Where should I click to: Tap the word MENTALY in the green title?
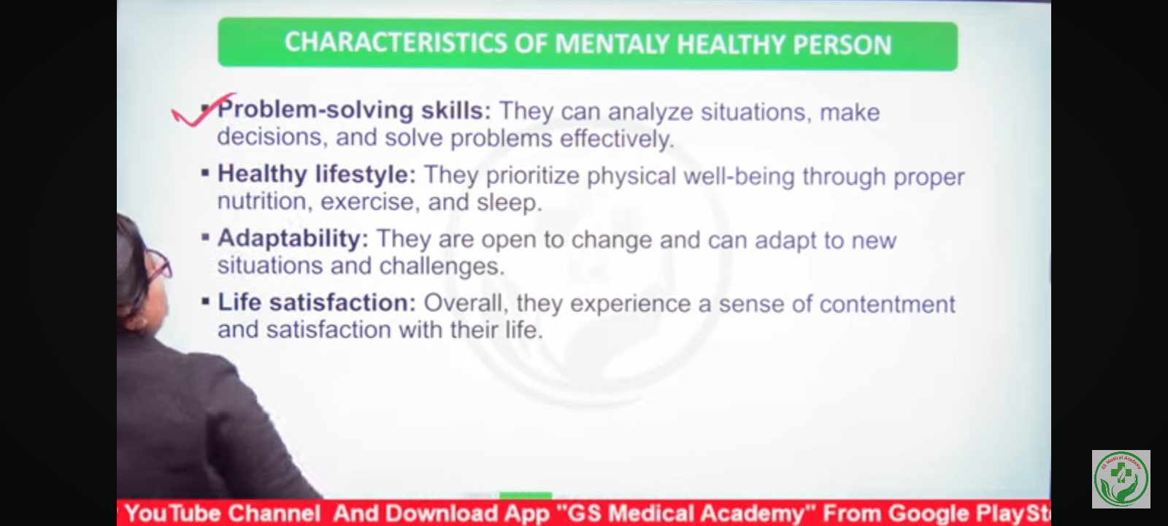[x=612, y=44]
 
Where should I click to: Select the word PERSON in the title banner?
[x=842, y=45]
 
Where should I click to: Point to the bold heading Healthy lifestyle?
[x=317, y=175]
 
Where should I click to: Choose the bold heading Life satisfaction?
[x=317, y=302]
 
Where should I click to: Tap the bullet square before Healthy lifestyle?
[x=205, y=172]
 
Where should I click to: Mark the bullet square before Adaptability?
[x=205, y=237]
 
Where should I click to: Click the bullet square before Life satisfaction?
[x=205, y=301]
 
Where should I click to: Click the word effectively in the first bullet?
[x=617, y=139]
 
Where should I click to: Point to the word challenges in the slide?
[x=442, y=267]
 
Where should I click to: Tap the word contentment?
[x=887, y=304]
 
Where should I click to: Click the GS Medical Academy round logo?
[x=1121, y=479]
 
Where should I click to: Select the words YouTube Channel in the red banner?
[x=223, y=513]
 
